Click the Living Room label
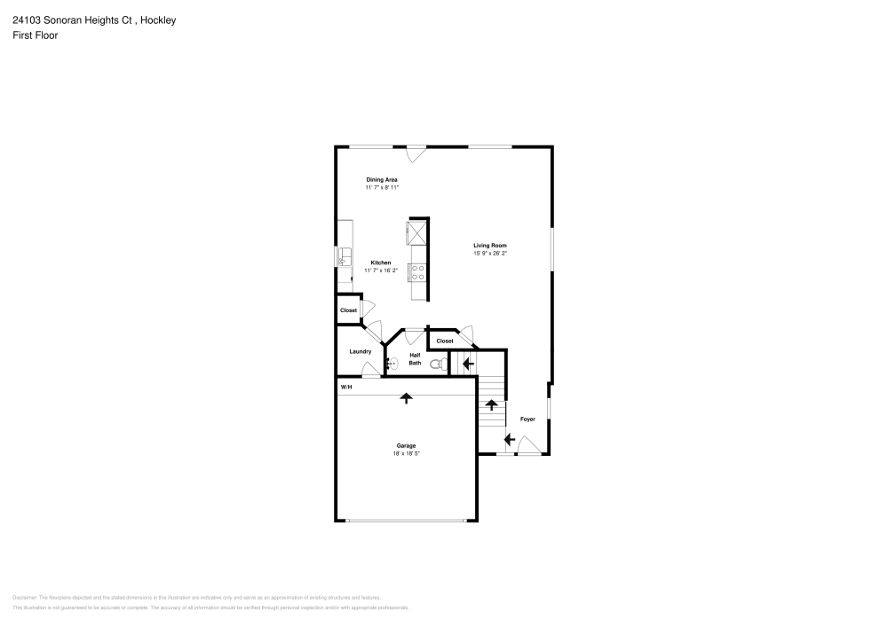(x=490, y=246)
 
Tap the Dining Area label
(x=382, y=180)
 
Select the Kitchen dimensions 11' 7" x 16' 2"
(x=382, y=270)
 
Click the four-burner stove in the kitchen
(x=417, y=271)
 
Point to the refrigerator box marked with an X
(x=416, y=232)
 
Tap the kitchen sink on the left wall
(x=343, y=258)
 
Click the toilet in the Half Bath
(x=436, y=364)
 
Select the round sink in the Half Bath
(x=392, y=362)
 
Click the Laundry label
(x=360, y=351)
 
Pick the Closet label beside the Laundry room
(x=348, y=310)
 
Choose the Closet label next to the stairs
(x=444, y=341)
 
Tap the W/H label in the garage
(x=345, y=387)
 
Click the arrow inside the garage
(x=407, y=398)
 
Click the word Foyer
(x=527, y=419)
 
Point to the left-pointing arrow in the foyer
(x=510, y=438)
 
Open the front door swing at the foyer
(x=529, y=446)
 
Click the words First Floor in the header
(x=36, y=35)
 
